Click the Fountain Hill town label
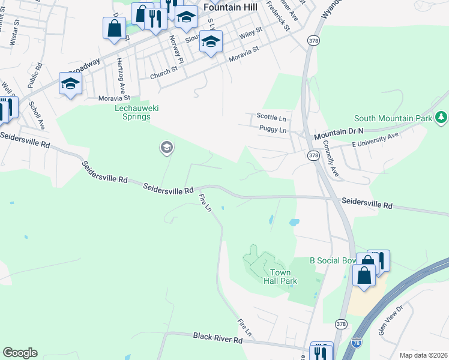(x=231, y=7)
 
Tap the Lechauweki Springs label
(x=133, y=112)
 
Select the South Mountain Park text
(x=393, y=118)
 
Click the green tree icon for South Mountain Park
(x=441, y=116)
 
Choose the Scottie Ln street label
(x=271, y=116)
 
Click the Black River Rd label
(x=217, y=339)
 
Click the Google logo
(x=20, y=353)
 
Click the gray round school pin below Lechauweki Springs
(x=166, y=148)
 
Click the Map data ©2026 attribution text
(x=423, y=355)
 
